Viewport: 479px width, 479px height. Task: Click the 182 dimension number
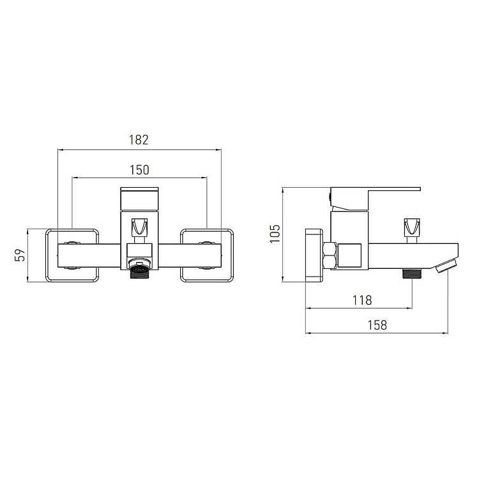point(139,140)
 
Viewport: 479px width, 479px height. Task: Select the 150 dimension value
point(140,170)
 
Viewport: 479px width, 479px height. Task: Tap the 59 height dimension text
point(20,255)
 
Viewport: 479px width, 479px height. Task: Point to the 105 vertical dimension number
point(275,234)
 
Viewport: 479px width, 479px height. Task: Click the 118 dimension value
point(362,300)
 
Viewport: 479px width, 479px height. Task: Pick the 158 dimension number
point(377,325)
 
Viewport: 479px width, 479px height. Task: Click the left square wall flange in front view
point(72,255)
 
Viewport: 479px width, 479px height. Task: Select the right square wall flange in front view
point(207,255)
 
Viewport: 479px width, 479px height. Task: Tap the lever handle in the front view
point(140,199)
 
